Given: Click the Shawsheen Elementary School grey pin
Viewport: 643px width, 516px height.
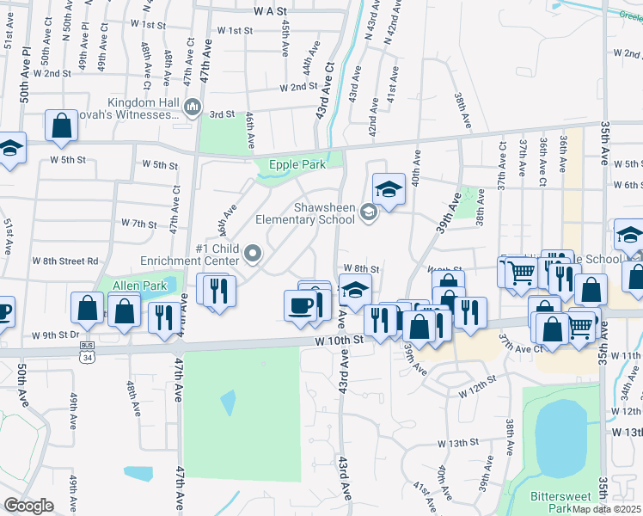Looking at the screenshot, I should (369, 212).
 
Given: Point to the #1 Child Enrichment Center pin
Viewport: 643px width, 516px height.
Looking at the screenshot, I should (253, 253).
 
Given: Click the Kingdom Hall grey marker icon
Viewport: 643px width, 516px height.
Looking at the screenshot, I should (193, 107).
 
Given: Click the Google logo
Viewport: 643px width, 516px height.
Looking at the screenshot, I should (29, 505).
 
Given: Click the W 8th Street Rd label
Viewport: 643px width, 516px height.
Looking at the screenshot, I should (65, 261).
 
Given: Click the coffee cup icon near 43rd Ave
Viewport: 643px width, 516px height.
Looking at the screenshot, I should (301, 305).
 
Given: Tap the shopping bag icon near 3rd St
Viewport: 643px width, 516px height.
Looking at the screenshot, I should (62, 126).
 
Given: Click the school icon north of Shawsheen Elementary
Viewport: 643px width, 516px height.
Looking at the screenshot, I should (389, 188).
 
